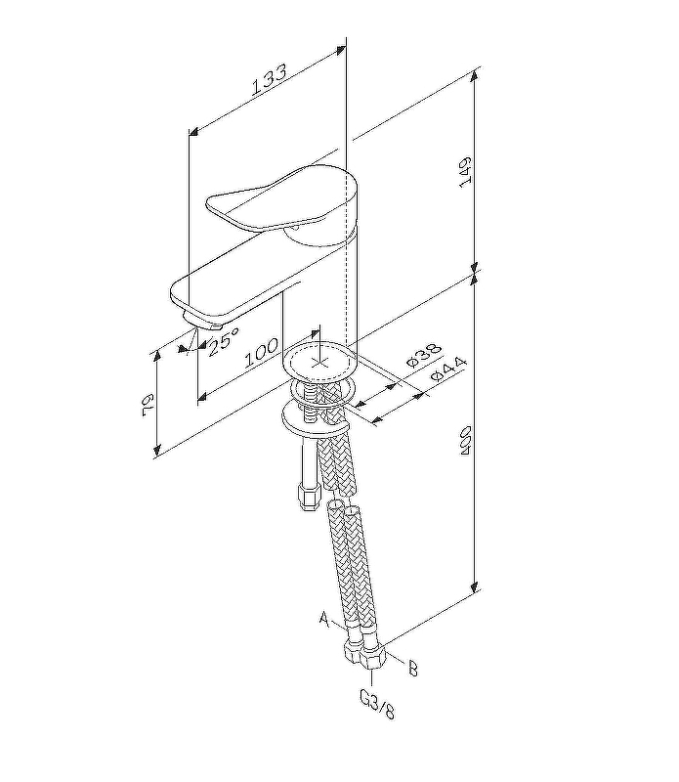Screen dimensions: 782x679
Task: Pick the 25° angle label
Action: pyautogui.click(x=224, y=341)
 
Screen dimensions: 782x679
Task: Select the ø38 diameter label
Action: pyautogui.click(x=422, y=356)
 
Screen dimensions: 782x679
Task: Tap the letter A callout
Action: pyautogui.click(x=325, y=618)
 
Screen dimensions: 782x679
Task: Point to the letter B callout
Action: pyautogui.click(x=412, y=669)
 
